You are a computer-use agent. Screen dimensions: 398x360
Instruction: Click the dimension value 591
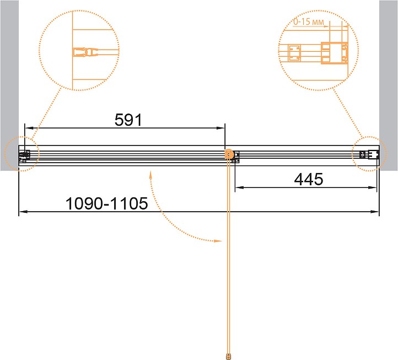[x=128, y=120]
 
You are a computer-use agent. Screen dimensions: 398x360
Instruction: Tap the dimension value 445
[x=309, y=179]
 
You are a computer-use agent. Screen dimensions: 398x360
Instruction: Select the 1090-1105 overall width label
[x=106, y=203]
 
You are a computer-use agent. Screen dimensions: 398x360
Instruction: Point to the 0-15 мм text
[x=309, y=22]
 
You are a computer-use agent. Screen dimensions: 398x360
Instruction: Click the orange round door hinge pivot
[x=229, y=154]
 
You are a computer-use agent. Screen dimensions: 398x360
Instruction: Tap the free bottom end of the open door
[x=229, y=356]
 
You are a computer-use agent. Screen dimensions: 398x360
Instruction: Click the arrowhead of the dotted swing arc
[x=218, y=241]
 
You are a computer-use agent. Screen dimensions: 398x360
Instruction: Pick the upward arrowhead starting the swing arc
[x=150, y=175]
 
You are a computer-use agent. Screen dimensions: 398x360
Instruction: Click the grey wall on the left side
[x=9, y=85]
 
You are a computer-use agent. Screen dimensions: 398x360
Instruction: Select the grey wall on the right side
[x=389, y=85]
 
